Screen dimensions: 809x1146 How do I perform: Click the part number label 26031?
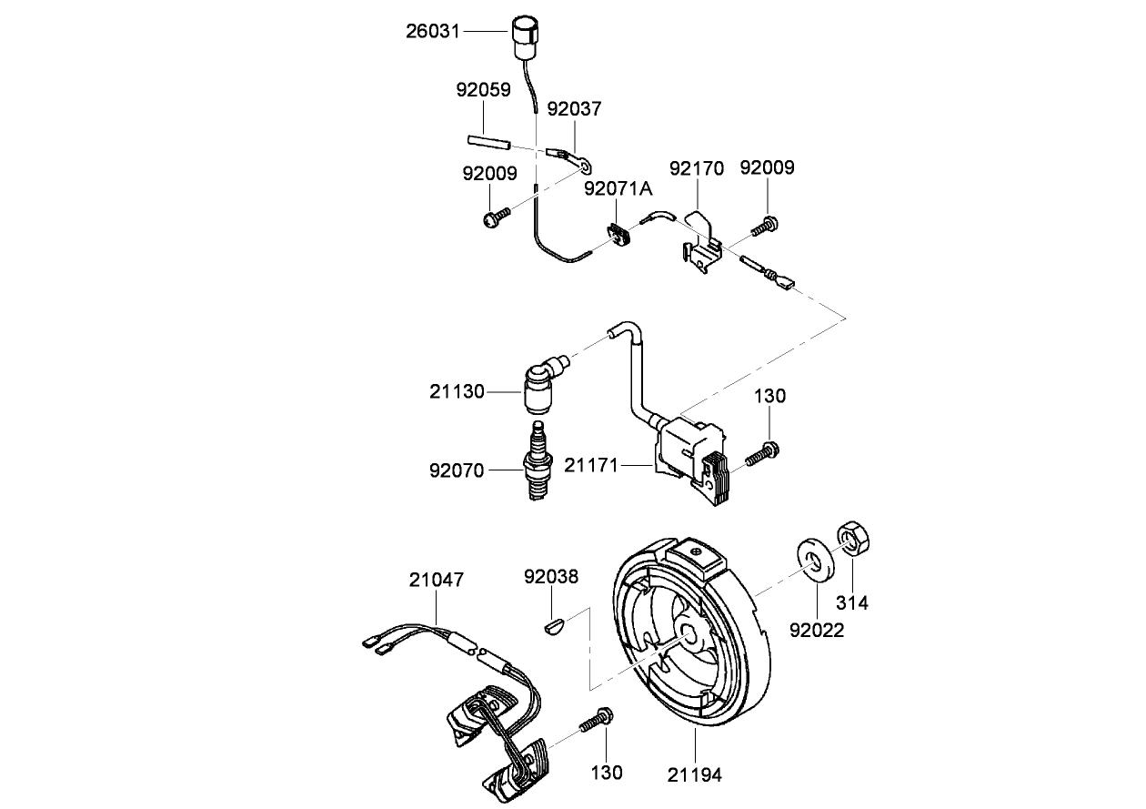coord(433,32)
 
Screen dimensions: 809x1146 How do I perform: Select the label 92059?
coord(483,90)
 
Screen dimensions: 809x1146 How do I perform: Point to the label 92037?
coord(574,109)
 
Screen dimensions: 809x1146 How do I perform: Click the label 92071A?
coord(618,188)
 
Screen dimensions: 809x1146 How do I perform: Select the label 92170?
coord(697,168)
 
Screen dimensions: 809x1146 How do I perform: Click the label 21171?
coord(591,466)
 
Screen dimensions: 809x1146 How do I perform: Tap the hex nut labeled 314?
coord(853,539)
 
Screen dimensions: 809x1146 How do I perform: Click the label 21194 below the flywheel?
coord(695,775)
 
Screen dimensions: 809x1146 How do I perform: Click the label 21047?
coord(436,580)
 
